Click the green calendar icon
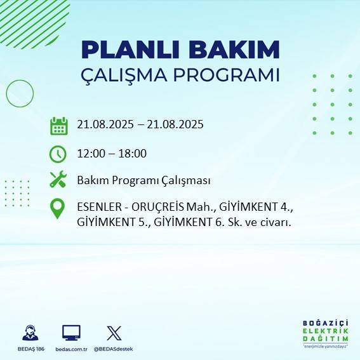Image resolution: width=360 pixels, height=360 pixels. pyautogui.click(x=58, y=125)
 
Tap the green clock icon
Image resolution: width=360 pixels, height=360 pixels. pyautogui.click(x=58, y=154)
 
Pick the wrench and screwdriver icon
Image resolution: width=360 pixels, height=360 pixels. pyautogui.click(x=58, y=180)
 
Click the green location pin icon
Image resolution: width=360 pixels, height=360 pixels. pyautogui.click(x=58, y=209)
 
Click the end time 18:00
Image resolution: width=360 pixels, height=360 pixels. pyautogui.click(x=133, y=153)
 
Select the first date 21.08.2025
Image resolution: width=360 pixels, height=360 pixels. pyautogui.click(x=104, y=124)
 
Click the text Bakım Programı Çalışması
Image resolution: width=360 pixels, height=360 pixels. pyautogui.click(x=143, y=180)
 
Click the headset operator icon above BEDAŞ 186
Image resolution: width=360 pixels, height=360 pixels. pyautogui.click(x=30, y=333)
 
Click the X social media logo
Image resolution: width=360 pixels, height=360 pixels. pyautogui.click(x=114, y=333)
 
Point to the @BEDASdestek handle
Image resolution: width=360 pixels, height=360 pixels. pyautogui.click(x=113, y=349)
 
